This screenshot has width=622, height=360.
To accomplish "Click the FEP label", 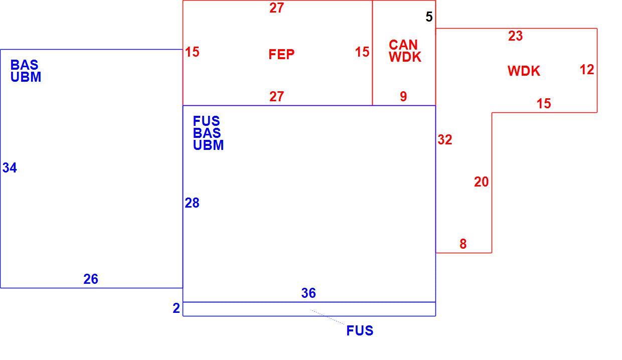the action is (x=281, y=54).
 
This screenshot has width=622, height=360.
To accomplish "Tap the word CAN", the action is (x=403, y=45).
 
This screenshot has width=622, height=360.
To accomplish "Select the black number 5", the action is (x=429, y=17).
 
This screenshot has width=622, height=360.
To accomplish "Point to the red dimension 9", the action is (x=403, y=97).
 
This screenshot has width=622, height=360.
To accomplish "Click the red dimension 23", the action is (x=515, y=36).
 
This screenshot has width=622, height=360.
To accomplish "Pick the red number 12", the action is (x=587, y=70).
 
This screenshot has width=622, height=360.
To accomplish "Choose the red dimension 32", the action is (x=445, y=139).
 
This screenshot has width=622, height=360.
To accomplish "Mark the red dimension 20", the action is (x=481, y=182).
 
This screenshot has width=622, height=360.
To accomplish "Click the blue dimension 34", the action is (x=10, y=167).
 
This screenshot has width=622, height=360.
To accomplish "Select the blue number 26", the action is (x=90, y=279).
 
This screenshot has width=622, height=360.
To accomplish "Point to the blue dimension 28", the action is (x=192, y=203).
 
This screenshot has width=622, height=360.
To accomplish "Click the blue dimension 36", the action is (x=308, y=293).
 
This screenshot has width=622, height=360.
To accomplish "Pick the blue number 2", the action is (x=176, y=308).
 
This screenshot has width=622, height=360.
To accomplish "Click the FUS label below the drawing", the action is (x=360, y=330).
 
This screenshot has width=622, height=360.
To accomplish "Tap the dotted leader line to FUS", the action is (x=328, y=317).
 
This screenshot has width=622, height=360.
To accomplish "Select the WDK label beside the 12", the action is (x=524, y=71).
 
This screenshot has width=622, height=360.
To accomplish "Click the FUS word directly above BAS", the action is (x=206, y=121).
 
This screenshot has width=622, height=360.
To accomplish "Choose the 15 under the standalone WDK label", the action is (x=543, y=103).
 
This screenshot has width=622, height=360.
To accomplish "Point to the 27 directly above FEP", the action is (x=276, y=8).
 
